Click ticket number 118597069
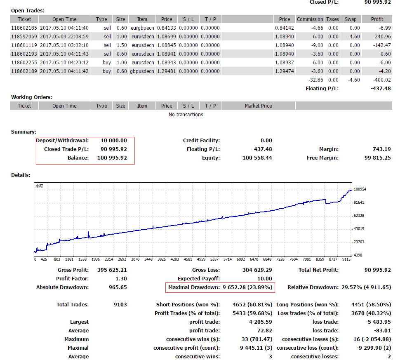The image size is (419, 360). (x=24, y=37)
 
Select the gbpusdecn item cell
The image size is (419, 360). (x=142, y=71)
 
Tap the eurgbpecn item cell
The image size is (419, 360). (x=142, y=28)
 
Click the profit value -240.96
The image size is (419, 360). (x=382, y=37)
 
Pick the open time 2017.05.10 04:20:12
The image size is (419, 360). (x=64, y=63)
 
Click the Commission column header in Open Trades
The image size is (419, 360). (x=310, y=19)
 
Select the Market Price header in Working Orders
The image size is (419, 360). (x=259, y=106)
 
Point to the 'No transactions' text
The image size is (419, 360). (x=186, y=114)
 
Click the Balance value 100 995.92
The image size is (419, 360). (x=112, y=158)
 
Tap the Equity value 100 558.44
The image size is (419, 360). (x=257, y=158)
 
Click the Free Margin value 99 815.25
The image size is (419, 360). (x=378, y=158)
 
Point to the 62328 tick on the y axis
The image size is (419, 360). (x=359, y=215)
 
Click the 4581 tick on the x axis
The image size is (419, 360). (x=188, y=259)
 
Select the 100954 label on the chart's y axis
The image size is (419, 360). (x=360, y=189)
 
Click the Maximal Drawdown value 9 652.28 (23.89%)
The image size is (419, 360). (x=247, y=287)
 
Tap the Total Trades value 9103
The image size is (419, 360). (x=120, y=305)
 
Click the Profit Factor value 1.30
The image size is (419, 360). (x=121, y=279)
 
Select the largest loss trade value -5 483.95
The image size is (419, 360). (x=378, y=322)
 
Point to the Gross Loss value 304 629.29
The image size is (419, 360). (x=257, y=270)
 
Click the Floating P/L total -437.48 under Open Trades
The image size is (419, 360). (x=381, y=89)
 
